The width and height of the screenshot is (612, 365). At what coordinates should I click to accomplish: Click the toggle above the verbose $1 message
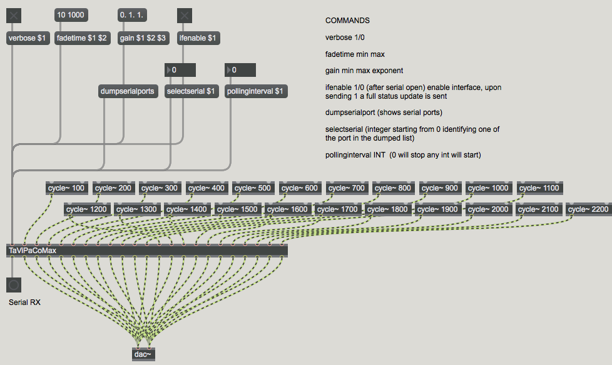[14, 16]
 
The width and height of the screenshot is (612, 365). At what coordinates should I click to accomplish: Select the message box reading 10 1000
[71, 15]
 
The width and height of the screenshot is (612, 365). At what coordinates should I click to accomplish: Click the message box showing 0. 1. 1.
[132, 15]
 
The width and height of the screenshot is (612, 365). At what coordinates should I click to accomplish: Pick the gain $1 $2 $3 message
[143, 38]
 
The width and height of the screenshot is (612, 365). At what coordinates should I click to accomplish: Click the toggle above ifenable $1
[185, 16]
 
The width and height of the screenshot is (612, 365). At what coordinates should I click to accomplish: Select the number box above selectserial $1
[180, 70]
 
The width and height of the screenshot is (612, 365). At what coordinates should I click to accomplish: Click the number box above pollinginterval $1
[240, 70]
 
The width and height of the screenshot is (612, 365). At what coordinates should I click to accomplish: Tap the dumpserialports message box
[128, 91]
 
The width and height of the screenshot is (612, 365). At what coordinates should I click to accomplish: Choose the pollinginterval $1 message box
[256, 91]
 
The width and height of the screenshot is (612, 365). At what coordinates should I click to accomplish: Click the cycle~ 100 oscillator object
[67, 188]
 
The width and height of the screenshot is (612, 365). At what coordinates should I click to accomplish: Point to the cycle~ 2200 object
[588, 209]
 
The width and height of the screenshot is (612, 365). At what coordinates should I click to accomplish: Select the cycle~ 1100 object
[540, 188]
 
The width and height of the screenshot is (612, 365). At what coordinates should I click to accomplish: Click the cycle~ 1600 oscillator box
[288, 209]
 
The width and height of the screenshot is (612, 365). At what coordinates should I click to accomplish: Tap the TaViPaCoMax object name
[33, 251]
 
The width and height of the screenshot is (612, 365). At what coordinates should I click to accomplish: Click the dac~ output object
[143, 354]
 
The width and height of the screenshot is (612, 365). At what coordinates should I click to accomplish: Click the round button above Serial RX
[14, 285]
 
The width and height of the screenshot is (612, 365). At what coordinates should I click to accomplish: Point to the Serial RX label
[24, 302]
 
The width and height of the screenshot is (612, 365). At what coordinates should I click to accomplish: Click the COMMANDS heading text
[347, 20]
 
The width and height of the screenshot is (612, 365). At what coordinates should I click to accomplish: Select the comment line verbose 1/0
[345, 37]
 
